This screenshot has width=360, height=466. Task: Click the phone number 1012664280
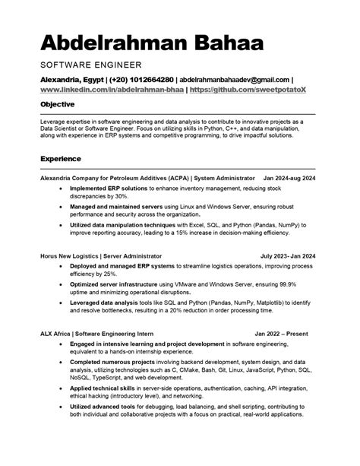pyautogui.click(x=147, y=79)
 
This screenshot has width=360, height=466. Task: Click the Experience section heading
pyautogui.click(x=63, y=159)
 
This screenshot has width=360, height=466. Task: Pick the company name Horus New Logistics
pyautogui.click(x=77, y=256)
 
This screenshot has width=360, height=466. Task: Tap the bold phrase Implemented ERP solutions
pyautogui.click(x=111, y=187)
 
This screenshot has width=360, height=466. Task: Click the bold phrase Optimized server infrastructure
pyautogui.click(x=119, y=282)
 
